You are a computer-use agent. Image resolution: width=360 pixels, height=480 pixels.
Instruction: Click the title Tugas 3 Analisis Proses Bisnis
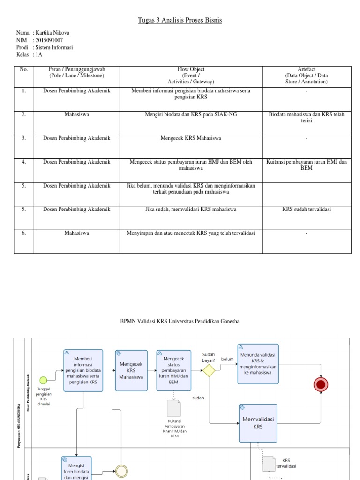180,20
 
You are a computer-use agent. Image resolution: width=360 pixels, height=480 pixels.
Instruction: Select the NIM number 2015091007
50,40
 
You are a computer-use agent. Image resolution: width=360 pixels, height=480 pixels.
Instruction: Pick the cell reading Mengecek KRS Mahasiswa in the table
190,138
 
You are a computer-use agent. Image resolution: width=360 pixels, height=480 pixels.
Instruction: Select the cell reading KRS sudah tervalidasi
306,209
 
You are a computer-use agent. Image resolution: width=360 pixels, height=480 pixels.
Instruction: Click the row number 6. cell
23,232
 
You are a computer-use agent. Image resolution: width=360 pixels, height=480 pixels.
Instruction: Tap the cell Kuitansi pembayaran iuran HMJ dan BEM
306,165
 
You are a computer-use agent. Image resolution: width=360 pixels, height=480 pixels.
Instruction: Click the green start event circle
44,380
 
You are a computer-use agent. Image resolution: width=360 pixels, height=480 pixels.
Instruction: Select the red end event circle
321,384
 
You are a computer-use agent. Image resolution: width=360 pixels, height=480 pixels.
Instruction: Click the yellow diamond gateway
209,370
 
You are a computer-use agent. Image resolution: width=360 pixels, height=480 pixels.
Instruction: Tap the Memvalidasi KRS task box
258,423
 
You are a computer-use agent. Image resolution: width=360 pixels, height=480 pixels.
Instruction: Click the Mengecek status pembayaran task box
174,370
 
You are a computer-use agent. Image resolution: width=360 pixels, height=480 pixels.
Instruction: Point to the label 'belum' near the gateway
227,360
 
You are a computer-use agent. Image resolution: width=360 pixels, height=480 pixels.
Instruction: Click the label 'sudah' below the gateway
199,397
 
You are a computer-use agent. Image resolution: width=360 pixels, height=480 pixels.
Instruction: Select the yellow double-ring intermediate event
121,472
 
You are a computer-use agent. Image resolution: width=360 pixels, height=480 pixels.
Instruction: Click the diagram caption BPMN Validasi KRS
180,321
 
